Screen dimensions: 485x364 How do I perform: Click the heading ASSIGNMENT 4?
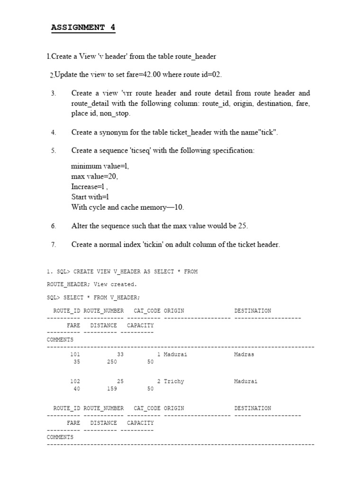click(83, 27)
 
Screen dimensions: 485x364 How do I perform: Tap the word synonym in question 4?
click(119, 132)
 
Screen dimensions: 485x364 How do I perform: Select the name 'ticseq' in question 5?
click(144, 150)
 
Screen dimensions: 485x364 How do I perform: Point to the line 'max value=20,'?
click(94, 176)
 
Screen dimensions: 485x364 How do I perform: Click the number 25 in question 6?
click(242, 226)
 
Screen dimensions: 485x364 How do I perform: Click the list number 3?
click(54, 93)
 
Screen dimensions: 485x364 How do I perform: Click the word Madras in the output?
click(244, 354)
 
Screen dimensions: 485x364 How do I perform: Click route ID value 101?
click(75, 354)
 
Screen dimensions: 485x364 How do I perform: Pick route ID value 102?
click(75, 381)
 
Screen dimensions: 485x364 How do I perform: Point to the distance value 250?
click(112, 362)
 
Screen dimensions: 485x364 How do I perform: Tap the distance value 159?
click(112, 389)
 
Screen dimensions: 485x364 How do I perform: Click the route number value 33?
click(120, 354)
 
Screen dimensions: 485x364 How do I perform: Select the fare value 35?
click(77, 362)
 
